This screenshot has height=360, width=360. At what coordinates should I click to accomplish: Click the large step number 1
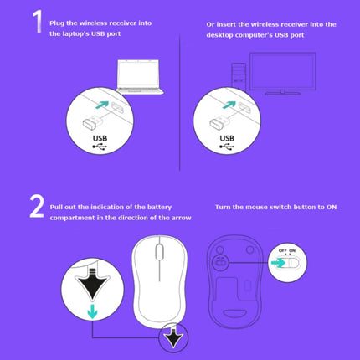[x=38, y=22]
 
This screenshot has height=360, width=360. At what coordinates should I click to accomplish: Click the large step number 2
[x=37, y=206]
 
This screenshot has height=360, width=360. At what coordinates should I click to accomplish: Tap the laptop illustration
[x=139, y=77]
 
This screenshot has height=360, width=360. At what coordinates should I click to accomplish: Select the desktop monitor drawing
[x=283, y=74]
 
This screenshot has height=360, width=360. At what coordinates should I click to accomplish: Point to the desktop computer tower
[x=239, y=76]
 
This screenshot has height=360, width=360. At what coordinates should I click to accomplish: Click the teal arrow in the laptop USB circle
[x=102, y=105]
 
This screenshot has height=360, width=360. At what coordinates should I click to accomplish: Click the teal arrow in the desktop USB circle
[x=229, y=105]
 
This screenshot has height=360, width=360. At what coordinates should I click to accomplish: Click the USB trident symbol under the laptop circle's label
[x=100, y=147]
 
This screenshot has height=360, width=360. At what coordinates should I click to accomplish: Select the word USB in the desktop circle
[x=227, y=138]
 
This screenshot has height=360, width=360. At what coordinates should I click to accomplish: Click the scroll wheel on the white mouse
[x=159, y=252]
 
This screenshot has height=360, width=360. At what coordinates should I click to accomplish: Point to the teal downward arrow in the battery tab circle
[x=92, y=311]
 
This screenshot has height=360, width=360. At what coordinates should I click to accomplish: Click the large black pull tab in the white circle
[x=92, y=283]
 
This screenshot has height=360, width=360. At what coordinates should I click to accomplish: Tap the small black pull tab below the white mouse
[x=173, y=337]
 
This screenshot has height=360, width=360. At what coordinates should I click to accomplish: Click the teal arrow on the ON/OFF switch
[x=278, y=263]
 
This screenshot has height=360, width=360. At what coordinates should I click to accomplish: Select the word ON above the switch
[x=292, y=250]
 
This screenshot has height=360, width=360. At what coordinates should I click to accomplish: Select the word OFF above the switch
[x=283, y=250]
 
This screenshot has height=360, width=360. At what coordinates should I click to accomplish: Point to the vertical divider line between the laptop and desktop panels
[x=180, y=102]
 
